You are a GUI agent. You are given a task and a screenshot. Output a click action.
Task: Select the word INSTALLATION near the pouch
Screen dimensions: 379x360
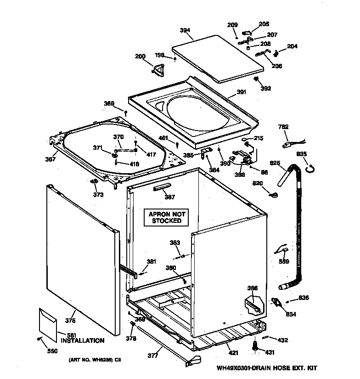coord(82,340)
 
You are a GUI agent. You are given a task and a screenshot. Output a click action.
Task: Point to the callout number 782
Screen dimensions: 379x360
coord(284,126)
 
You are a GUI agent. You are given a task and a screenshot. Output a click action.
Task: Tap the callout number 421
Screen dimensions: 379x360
coord(233,353)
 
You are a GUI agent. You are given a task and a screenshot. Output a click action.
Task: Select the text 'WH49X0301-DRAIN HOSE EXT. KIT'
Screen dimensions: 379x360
coord(268,368)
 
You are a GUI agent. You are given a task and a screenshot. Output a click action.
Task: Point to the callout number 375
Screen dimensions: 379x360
coord(70,321)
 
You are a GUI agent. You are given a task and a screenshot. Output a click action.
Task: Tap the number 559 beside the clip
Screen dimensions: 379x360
coord(284,262)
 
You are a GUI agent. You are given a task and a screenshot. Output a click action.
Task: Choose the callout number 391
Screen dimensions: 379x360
coord(241,92)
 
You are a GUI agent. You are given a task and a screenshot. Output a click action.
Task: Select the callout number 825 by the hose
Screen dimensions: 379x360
coord(275,163)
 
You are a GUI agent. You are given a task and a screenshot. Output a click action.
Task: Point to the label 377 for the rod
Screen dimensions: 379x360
coord(152,355)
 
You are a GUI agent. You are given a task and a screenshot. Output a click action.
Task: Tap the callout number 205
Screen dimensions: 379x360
coord(264,24)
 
